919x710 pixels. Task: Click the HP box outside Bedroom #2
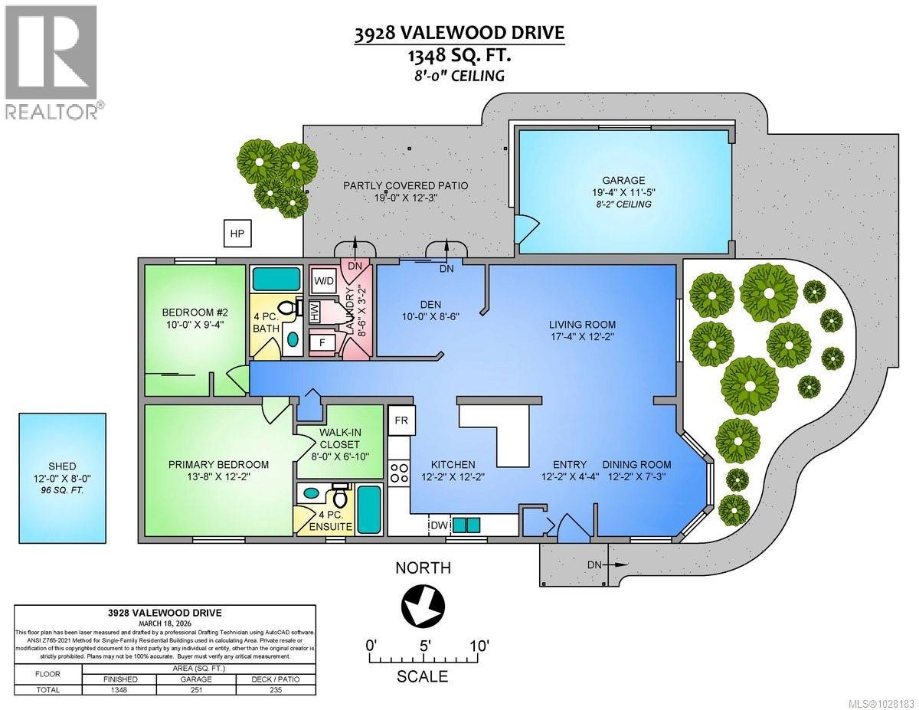[237, 234]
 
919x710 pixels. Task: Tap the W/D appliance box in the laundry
[324, 280]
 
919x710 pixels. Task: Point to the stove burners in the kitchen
[399, 471]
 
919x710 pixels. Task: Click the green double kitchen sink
[466, 525]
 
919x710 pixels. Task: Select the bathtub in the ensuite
[369, 509]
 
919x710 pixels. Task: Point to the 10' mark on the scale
[479, 645]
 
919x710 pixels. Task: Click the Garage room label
[625, 181]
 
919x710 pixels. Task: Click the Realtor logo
[51, 61]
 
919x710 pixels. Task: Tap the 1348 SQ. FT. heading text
[459, 55]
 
